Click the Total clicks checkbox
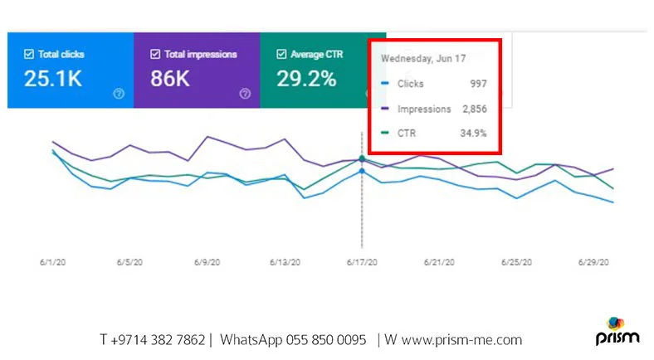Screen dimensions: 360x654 [x=29, y=55]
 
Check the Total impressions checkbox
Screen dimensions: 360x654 [x=155, y=55]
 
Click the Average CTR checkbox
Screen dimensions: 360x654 [x=281, y=55]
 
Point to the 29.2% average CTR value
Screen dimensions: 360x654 [x=306, y=80]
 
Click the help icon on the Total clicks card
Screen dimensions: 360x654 [x=118, y=94]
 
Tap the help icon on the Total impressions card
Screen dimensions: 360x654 [x=245, y=94]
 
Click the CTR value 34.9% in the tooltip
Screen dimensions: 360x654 [x=472, y=133]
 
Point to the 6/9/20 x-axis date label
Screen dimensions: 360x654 [x=207, y=262]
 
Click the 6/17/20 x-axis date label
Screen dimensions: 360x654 [x=362, y=262]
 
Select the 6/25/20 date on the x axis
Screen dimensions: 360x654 [x=516, y=262]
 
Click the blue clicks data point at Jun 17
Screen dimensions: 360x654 [x=362, y=172]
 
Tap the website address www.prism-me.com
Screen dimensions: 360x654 [x=457, y=340]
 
